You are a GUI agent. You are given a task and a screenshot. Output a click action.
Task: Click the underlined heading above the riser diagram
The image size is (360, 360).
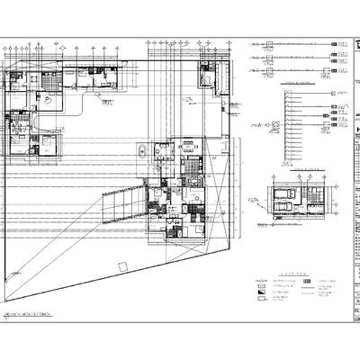click(295, 83)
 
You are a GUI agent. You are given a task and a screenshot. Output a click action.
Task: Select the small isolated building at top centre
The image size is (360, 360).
click(208, 73)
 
